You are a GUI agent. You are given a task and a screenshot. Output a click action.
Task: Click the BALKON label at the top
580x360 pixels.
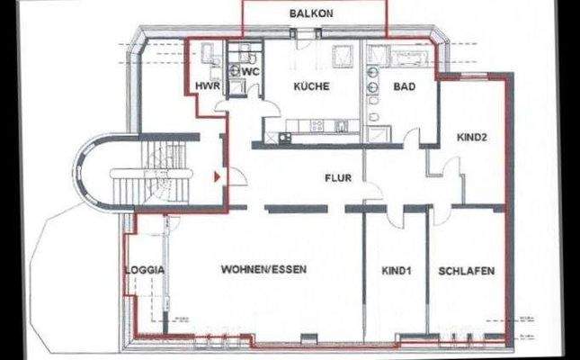coord(311,13)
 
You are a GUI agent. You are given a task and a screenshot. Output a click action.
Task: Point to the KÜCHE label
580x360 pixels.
coord(311,87)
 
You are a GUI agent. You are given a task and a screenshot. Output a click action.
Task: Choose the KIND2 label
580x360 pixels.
coord(471,139)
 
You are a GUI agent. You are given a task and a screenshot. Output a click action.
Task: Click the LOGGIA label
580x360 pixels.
coord(144,270)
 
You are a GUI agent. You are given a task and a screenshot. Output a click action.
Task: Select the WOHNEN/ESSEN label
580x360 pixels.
coord(258,270)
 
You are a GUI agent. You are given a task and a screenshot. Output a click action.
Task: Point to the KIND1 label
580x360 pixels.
coord(396,270)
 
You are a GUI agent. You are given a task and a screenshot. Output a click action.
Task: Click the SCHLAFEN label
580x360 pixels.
coord(468,270)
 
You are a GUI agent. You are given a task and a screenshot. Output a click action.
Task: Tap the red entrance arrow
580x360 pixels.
coord(216,177)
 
